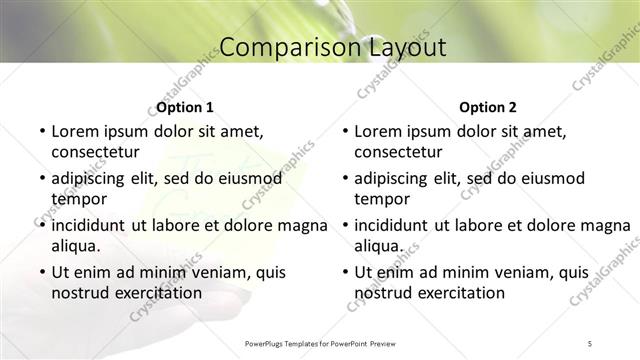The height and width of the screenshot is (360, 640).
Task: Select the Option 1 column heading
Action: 185,107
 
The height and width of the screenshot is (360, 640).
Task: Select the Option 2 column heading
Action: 488,107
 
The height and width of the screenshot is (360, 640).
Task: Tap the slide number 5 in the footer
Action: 590,344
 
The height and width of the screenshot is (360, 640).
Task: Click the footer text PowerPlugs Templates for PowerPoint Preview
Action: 320,344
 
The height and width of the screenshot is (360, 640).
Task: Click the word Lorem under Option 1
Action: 75,131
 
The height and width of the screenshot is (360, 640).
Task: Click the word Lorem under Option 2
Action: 378,131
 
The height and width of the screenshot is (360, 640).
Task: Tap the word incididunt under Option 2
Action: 397,225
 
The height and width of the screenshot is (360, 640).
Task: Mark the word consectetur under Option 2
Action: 398,152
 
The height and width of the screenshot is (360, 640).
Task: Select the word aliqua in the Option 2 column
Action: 378,246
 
